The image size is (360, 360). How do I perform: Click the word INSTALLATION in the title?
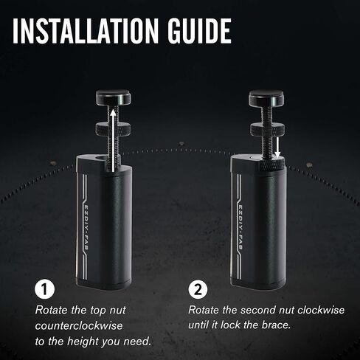tap(86, 31)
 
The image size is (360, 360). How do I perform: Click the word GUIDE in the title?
tap(199, 31)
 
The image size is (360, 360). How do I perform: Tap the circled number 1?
tap(44, 289)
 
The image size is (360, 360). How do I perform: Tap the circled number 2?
tap(198, 289)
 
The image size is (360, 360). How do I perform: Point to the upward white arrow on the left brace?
tap(113, 141)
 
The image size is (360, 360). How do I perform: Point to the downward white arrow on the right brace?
tap(277, 148)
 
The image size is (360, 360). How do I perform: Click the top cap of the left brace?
tap(113, 97)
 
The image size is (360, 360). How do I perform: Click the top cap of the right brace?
tap(266, 97)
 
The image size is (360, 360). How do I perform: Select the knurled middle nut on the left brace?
tap(113, 128)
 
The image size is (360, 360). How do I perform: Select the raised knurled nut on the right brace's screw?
tap(267, 129)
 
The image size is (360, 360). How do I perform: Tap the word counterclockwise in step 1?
tap(79, 326)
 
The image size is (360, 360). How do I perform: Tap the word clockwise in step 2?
tap(321, 310)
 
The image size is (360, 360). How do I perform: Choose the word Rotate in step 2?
tap(204, 310)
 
